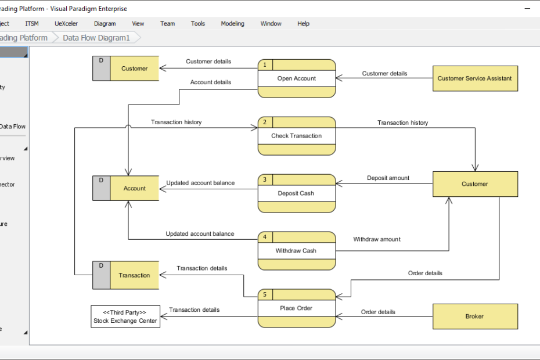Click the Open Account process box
(x=297, y=78)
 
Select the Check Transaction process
(x=297, y=136)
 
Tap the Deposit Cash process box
(x=297, y=193)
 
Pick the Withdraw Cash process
(x=297, y=251)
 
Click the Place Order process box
(x=297, y=308)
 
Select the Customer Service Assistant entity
(x=474, y=78)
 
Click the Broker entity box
(x=474, y=316)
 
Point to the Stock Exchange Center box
(x=125, y=316)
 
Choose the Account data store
(x=134, y=188)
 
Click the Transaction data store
(x=134, y=275)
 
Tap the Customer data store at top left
(x=134, y=69)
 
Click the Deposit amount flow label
(x=388, y=178)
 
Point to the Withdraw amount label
(x=377, y=239)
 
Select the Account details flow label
(x=210, y=82)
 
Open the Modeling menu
(x=232, y=24)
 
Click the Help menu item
(x=303, y=24)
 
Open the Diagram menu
(x=105, y=24)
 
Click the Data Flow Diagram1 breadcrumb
(x=96, y=38)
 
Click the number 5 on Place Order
(x=265, y=295)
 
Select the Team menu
(x=167, y=24)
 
